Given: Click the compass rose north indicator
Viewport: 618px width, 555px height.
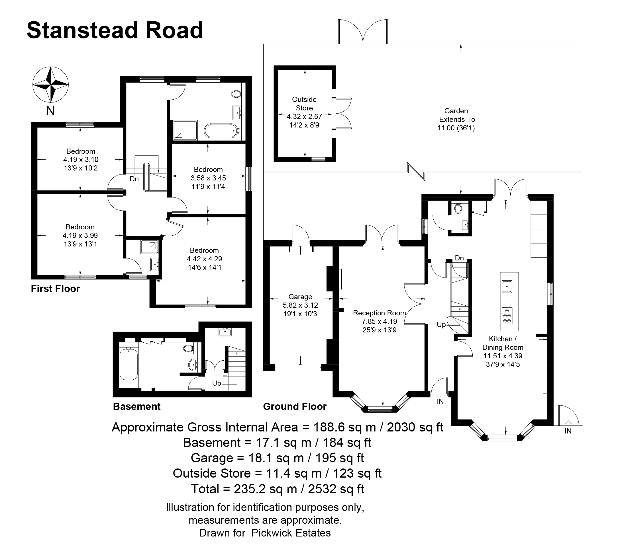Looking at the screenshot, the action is tap(50, 85).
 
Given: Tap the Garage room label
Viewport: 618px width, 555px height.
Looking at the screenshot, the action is tap(300, 297).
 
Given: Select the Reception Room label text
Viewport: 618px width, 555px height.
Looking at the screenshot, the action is tap(380, 313).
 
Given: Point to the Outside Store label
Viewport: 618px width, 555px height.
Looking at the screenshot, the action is tap(304, 104).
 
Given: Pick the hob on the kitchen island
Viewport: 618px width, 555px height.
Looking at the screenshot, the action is tap(507, 316).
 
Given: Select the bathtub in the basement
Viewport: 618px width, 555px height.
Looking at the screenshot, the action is tap(129, 364).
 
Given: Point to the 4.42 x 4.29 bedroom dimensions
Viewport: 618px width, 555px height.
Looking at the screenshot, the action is tap(204, 259).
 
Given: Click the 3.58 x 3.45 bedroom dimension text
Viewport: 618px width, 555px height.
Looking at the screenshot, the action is tap(208, 178).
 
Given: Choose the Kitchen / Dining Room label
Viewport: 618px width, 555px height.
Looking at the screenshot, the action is tap(503, 343).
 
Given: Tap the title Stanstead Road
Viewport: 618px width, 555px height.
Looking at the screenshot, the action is tap(115, 30).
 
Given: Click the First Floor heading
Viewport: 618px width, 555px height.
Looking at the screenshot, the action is tap(55, 289).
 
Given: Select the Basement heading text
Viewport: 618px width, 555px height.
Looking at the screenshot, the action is tap(137, 406).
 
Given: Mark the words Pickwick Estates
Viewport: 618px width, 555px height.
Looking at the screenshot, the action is tap(291, 533).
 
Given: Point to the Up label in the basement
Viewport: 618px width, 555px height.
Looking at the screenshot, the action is tap(217, 383).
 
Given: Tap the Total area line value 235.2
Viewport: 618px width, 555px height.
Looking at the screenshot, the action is tap(250, 489).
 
